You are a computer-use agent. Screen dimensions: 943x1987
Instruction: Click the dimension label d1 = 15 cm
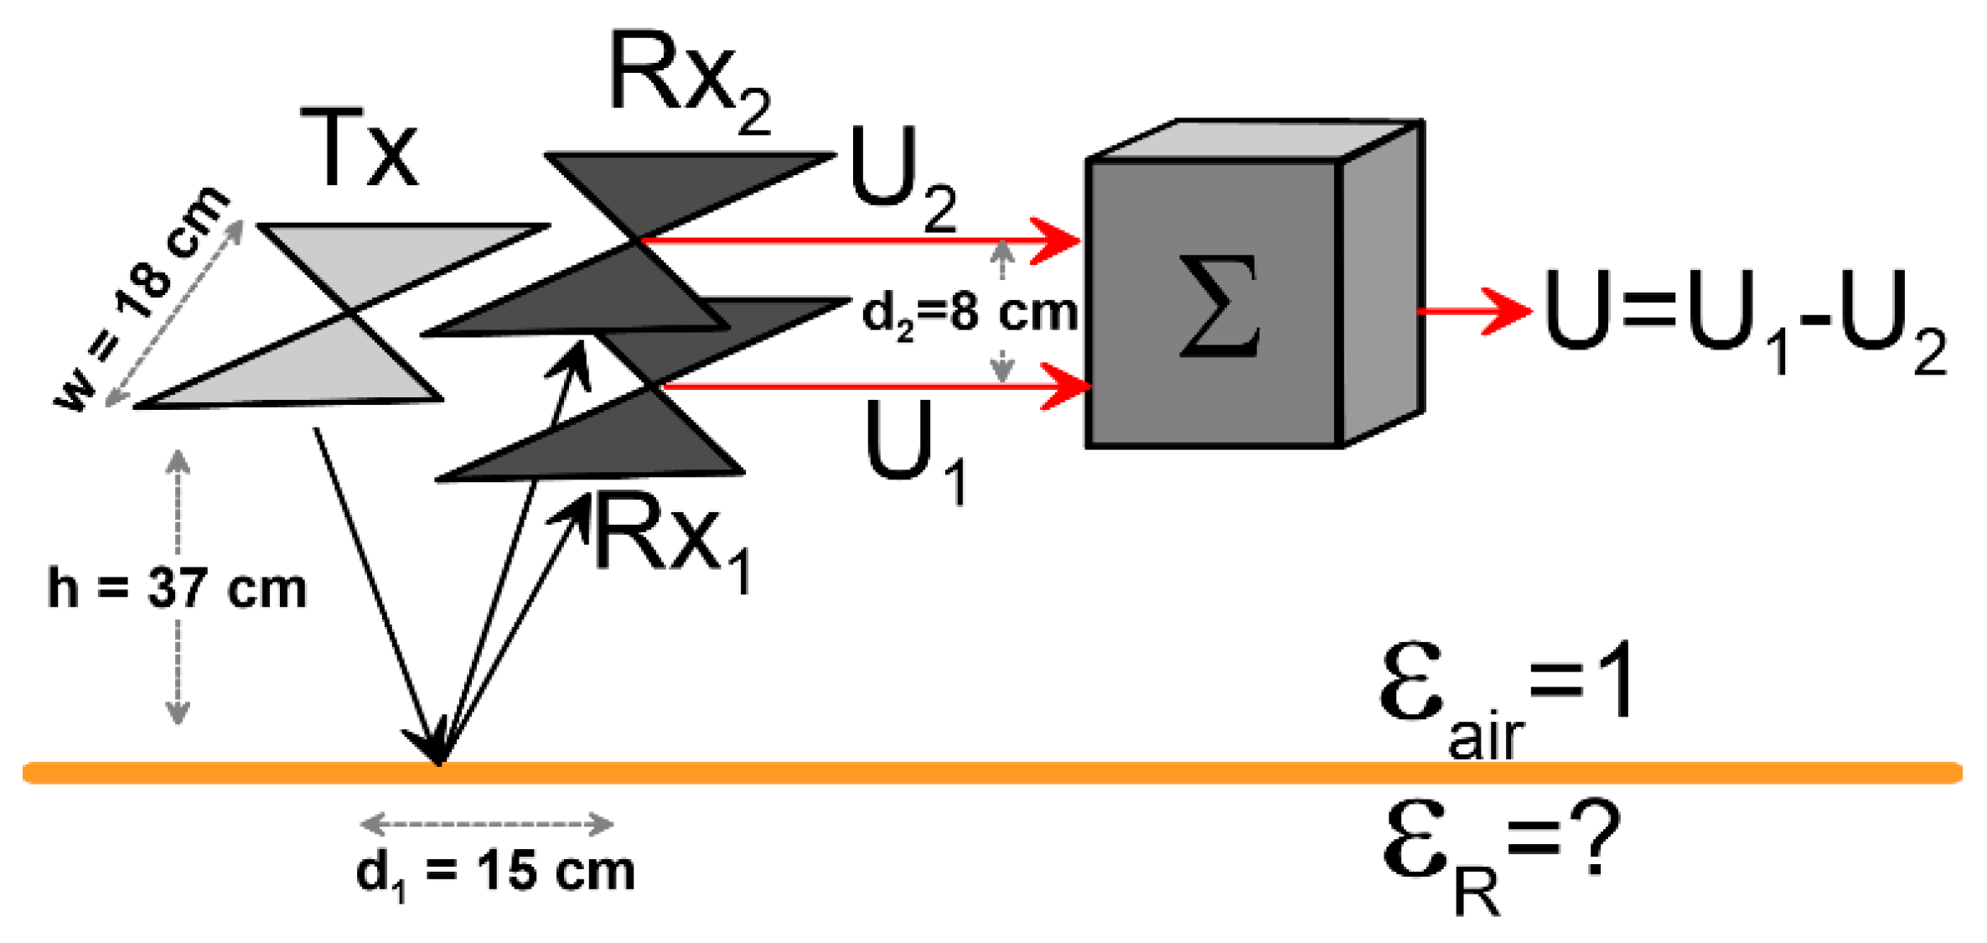pos(494,872)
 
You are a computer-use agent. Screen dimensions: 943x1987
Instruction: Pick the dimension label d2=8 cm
pos(968,314)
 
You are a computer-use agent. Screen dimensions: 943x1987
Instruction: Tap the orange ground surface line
pos(1006,773)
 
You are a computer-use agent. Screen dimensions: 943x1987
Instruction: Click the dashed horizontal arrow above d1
pos(487,824)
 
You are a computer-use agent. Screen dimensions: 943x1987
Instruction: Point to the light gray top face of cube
pos(1257,139)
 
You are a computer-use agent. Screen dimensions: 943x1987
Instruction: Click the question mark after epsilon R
pos(1596,838)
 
